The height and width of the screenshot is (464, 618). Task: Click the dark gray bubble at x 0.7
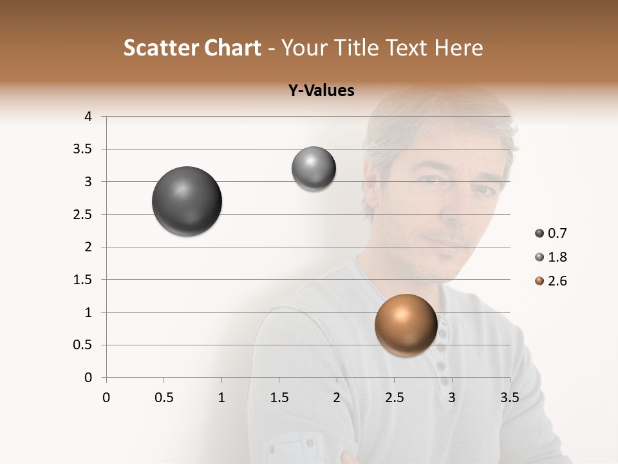click(187, 201)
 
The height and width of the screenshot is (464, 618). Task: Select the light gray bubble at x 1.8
click(314, 169)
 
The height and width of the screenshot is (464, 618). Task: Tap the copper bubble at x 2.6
click(406, 325)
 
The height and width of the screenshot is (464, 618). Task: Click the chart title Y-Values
click(321, 91)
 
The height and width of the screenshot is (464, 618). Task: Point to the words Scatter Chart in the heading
click(192, 48)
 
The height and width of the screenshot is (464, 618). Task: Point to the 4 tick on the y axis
click(88, 117)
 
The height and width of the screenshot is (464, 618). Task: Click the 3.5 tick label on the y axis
click(83, 150)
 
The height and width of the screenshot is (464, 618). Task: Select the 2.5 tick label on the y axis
click(83, 215)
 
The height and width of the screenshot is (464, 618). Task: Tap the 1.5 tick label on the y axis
click(83, 280)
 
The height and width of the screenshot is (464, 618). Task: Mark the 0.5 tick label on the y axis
click(83, 345)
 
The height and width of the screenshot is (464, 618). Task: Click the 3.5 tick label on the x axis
click(509, 398)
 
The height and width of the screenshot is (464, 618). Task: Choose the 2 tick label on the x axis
click(337, 398)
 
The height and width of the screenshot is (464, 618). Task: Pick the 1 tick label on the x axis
click(221, 398)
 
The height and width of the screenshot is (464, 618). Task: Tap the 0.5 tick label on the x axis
click(164, 398)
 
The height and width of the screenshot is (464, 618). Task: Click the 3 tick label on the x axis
click(452, 398)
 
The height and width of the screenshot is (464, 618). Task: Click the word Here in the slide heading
click(458, 48)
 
